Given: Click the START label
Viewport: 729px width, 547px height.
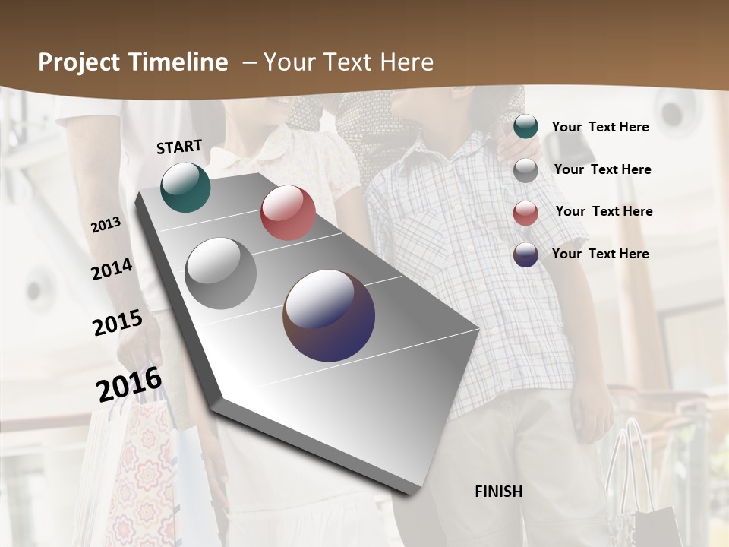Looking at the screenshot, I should coord(179,147).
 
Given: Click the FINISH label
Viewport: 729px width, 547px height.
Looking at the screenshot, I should coord(498,492).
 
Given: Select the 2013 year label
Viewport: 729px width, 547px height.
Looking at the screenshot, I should coord(106,225).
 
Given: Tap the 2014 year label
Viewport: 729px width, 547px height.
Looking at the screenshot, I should coord(112,270).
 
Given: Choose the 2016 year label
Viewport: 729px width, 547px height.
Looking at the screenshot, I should coord(129,384).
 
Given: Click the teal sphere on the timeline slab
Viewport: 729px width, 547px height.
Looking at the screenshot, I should coord(185,187).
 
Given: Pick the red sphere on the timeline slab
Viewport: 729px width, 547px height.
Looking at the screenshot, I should coord(288,213).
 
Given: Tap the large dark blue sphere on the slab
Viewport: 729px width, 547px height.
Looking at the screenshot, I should coord(329,315).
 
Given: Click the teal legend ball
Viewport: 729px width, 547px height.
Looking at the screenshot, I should coord(525,127).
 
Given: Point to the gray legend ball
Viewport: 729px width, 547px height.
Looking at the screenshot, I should coord(525,170).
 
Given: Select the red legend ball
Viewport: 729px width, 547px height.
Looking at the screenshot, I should coord(525,213).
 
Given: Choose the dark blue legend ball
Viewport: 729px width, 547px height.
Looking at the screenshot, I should coord(525,255).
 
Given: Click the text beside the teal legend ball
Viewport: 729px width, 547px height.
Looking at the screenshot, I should coord(600,127).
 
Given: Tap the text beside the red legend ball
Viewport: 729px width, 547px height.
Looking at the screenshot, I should coord(604,211).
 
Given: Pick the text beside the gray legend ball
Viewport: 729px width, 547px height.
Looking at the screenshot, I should coord(602,169).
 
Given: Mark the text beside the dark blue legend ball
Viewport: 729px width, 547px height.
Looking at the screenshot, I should coord(600,254).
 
